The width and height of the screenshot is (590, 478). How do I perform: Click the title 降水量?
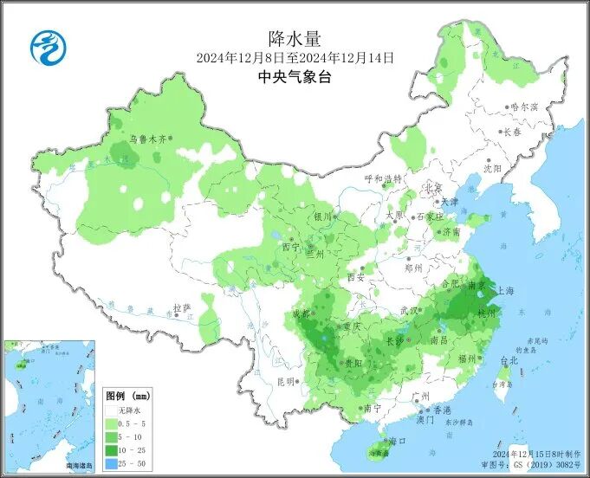[295, 38]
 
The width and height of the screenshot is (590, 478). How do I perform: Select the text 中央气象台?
[295, 77]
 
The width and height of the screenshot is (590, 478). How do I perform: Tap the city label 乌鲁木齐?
[146, 138]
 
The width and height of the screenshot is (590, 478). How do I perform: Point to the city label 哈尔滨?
[524, 107]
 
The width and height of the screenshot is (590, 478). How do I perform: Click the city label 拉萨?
[181, 307]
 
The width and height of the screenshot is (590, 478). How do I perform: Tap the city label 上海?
[504, 290]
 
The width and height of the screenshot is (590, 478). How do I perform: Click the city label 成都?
[301, 313]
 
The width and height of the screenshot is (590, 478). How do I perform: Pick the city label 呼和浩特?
[383, 179]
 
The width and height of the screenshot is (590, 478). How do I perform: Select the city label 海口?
[398, 441]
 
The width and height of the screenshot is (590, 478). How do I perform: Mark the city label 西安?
[355, 277]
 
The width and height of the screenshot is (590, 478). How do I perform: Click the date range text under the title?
[295, 58]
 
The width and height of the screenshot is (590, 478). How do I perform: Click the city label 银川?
[322, 216]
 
